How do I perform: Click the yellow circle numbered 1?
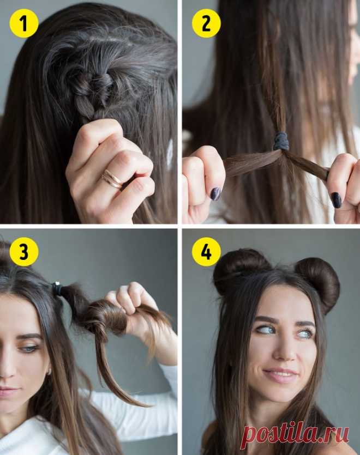click(24, 23)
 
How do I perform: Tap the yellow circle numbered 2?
click(206, 23)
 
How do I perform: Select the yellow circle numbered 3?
click(24, 252)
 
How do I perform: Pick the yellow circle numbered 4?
click(206, 252)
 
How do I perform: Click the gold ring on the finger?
click(112, 179)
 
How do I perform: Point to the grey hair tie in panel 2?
click(281, 141)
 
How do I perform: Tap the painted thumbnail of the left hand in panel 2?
click(217, 193)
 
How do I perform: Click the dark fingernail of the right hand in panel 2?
click(337, 200)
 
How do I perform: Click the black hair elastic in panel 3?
click(57, 288)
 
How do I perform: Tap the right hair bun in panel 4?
click(317, 283)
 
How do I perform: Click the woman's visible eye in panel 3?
click(28, 348)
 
